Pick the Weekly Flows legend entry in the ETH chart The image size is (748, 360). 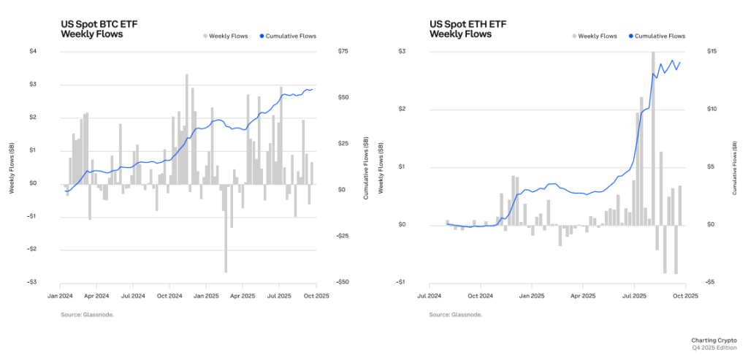[x=595, y=36]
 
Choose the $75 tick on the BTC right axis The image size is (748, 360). [x=343, y=51]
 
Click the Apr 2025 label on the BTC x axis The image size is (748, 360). [x=243, y=296]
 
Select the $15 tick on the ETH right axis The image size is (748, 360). [x=711, y=51]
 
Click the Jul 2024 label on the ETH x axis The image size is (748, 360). [x=430, y=296]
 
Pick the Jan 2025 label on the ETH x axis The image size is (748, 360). [x=532, y=296]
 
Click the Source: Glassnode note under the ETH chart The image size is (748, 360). [x=456, y=315]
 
